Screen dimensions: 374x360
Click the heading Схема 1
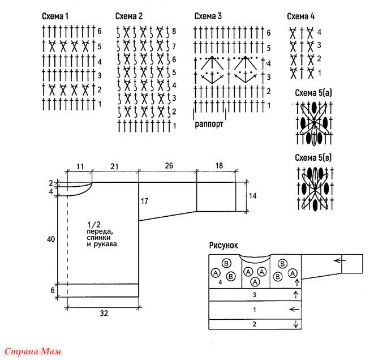coord(55,16)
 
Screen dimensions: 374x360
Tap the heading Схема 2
coord(129,16)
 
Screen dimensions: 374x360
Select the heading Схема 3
coord(208,16)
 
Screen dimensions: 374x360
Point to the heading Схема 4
coord(301,16)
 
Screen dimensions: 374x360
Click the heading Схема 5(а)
coord(313,93)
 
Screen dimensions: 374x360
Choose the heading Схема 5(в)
coord(313,157)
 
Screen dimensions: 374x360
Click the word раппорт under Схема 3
coord(209,125)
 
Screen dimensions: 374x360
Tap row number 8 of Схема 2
coord(174,31)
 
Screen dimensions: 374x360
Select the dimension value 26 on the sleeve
coord(169,166)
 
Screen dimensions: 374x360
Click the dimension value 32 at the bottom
coord(104,313)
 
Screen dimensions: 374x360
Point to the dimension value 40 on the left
coord(51,239)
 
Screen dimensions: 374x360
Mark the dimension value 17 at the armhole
coord(144,201)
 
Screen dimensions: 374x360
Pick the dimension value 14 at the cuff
coord(252,196)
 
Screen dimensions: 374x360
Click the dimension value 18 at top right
coord(219,165)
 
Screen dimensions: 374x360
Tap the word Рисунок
coord(223,245)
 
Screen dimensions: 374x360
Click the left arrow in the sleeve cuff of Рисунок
coord(339,260)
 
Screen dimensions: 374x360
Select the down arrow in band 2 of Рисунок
coord(296,324)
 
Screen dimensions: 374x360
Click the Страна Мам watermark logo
coord(33,352)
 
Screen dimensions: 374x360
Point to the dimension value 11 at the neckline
coord(80,166)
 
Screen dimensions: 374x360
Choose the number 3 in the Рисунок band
coord(254,295)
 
